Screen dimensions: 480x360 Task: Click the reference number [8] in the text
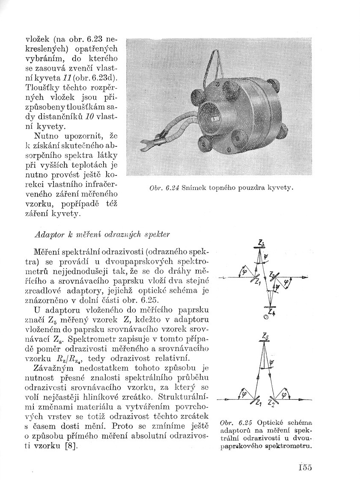[71, 446]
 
